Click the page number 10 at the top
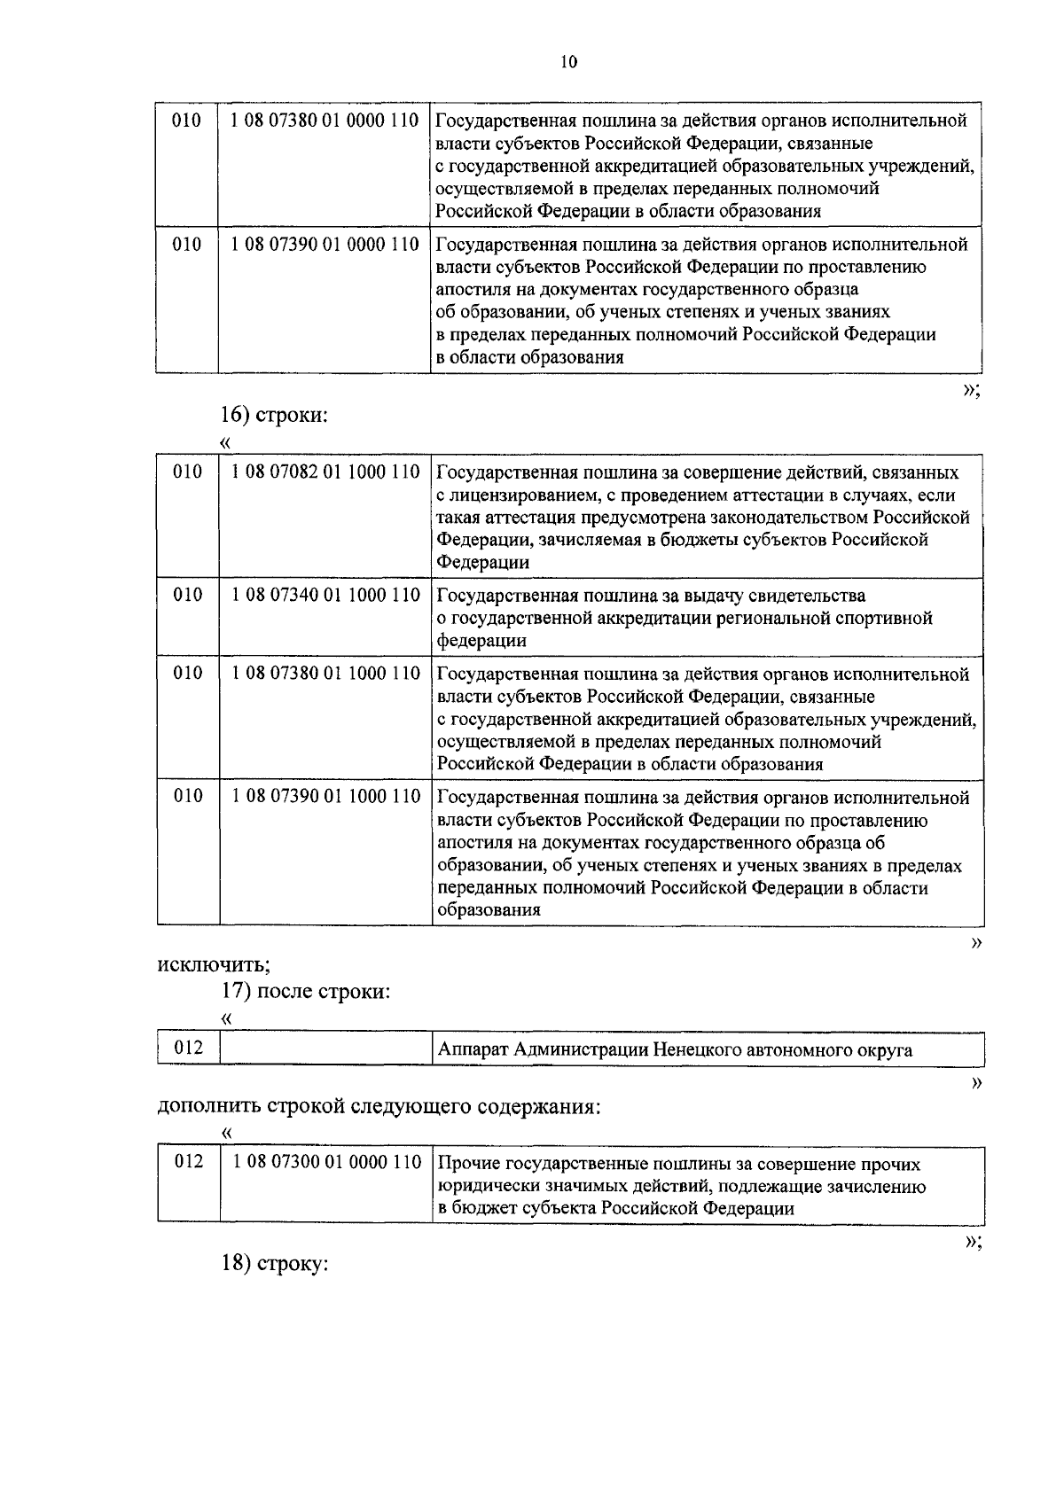pyautogui.click(x=567, y=61)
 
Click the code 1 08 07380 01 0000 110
pyautogui.click(x=325, y=121)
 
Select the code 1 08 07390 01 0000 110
pyautogui.click(x=325, y=244)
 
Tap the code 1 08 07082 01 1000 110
pyautogui.click(x=325, y=472)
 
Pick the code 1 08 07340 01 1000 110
pyautogui.click(x=325, y=595)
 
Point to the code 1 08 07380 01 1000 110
pyautogui.click(x=325, y=674)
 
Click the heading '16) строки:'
pyautogui.click(x=274, y=414)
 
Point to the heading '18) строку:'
pyautogui.click(x=274, y=1263)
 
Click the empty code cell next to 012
pyautogui.click(x=325, y=1049)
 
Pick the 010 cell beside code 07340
pyautogui.click(x=188, y=595)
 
